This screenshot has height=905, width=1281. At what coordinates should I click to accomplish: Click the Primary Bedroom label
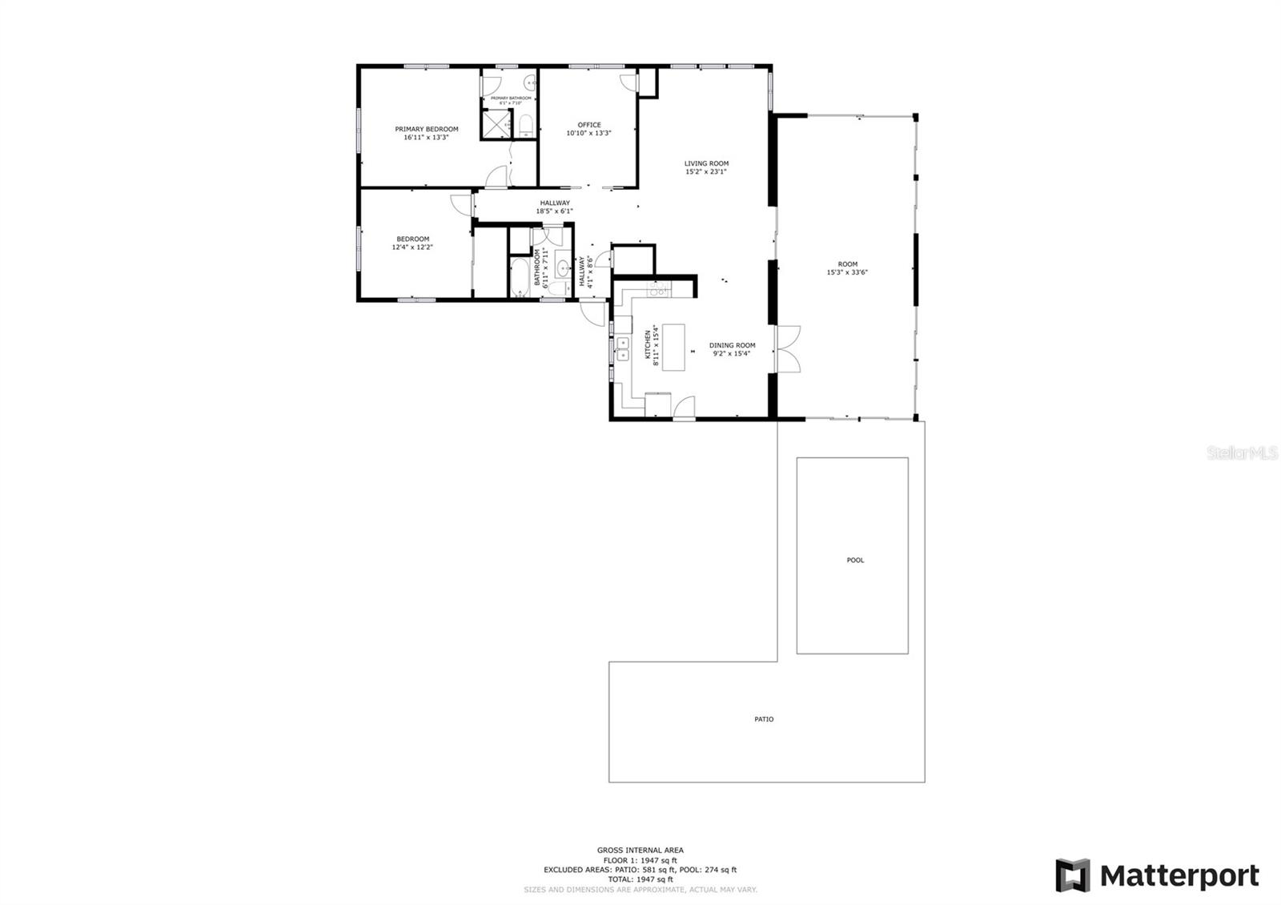(x=426, y=129)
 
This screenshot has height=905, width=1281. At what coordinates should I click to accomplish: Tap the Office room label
(x=588, y=125)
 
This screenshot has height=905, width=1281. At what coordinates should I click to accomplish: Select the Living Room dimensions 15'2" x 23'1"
(x=706, y=171)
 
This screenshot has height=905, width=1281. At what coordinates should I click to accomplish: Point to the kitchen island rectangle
(x=674, y=347)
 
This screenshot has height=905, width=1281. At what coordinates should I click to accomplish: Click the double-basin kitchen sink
(x=622, y=350)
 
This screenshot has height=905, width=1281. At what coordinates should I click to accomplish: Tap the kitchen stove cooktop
(x=658, y=290)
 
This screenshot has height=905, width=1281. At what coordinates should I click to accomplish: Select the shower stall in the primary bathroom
(x=496, y=123)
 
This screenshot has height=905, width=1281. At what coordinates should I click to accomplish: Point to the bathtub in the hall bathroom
(x=519, y=278)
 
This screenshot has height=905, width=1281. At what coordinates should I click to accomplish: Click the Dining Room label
(x=732, y=345)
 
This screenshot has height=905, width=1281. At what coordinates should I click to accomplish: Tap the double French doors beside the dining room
(x=789, y=348)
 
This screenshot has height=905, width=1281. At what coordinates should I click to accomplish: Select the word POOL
(x=855, y=560)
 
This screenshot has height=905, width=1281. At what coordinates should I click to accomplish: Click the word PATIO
(x=764, y=719)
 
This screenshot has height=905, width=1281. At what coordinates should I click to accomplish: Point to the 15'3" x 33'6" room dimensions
(x=847, y=272)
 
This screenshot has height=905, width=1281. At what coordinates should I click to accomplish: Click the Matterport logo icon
(x=1072, y=875)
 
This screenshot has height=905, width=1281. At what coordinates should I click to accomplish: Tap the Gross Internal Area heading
(x=640, y=850)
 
